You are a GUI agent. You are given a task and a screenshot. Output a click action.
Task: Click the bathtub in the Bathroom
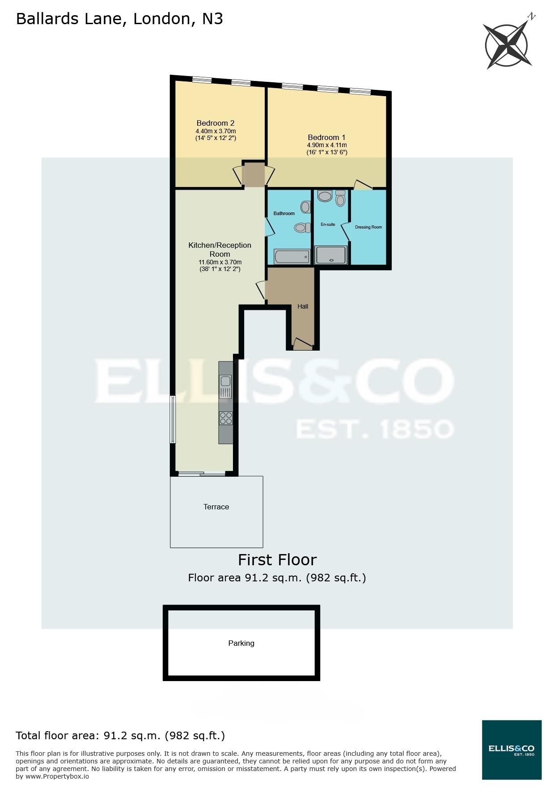click(292, 257)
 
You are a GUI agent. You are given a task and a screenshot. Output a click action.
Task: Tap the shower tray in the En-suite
click(331, 255)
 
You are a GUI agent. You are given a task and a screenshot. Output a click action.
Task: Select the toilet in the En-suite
click(340, 199)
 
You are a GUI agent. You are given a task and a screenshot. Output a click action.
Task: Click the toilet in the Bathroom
click(302, 228)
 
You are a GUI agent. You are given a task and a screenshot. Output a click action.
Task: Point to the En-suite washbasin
click(325, 195)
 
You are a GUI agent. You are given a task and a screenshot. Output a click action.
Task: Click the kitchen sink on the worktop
click(225, 381)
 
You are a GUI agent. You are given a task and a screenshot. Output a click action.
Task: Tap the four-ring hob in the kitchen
click(226, 418)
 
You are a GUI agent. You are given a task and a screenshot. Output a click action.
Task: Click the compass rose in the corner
click(507, 45)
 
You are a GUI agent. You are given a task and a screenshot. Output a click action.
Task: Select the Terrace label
click(216, 507)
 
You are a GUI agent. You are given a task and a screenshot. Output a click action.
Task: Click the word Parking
click(241, 643)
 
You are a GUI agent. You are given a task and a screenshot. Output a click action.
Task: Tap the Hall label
click(303, 306)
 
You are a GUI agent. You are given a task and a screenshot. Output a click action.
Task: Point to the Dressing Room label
click(368, 227)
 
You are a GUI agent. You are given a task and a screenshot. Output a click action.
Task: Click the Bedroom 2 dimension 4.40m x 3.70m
click(216, 131)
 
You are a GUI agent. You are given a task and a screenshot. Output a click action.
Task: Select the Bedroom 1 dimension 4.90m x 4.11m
click(327, 145)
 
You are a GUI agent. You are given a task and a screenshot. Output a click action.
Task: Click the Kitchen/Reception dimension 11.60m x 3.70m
click(220, 262)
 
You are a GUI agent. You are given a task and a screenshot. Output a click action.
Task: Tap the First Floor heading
click(277, 560)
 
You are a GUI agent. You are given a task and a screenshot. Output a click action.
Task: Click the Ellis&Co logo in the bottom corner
click(512, 750)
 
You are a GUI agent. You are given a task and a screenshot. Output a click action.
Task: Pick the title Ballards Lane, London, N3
click(119, 19)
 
